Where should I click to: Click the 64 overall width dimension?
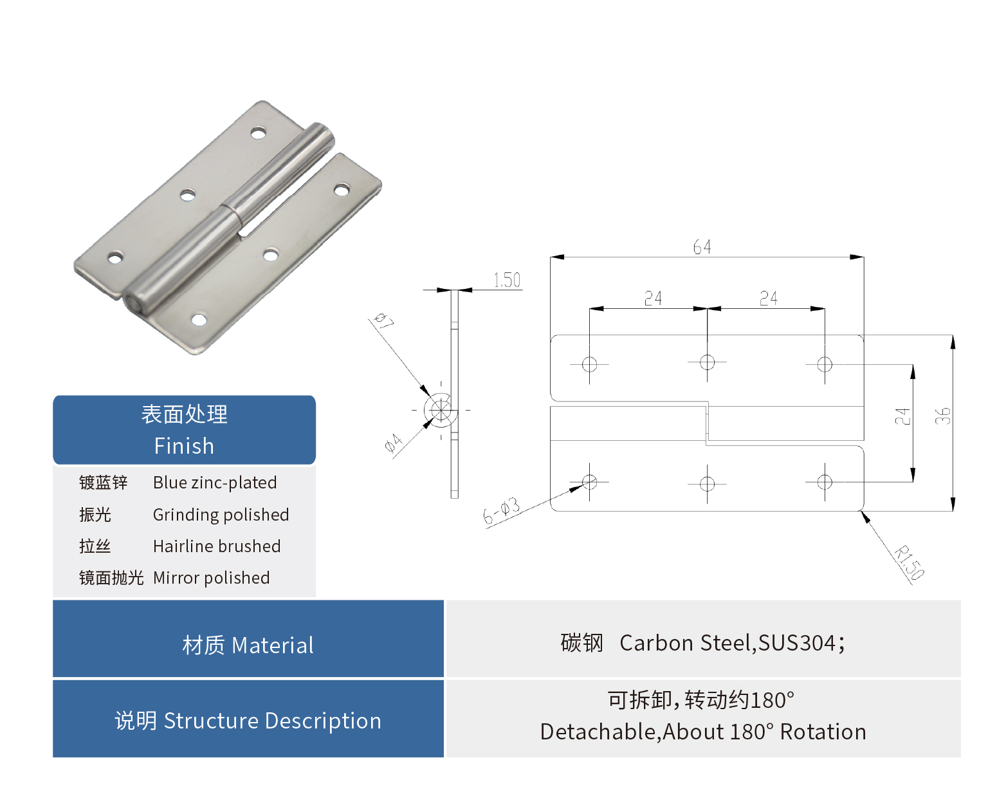(702, 247)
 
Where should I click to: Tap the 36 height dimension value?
(942, 416)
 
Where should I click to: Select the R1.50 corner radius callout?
(908, 562)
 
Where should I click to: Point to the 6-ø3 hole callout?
(501, 510)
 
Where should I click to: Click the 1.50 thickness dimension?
(507, 281)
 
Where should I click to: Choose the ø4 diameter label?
(393, 443)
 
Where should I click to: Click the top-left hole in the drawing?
(589, 364)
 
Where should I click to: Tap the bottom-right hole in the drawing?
(825, 482)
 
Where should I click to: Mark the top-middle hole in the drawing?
(707, 362)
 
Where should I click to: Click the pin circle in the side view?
(440, 410)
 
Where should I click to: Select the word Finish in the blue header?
(184, 446)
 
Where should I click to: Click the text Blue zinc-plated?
(215, 483)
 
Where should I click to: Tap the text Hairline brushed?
(217, 546)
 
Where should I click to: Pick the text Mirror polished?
(211, 578)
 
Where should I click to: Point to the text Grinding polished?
(221, 515)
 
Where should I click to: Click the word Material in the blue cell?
(273, 645)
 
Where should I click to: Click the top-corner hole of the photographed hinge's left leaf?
(258, 133)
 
